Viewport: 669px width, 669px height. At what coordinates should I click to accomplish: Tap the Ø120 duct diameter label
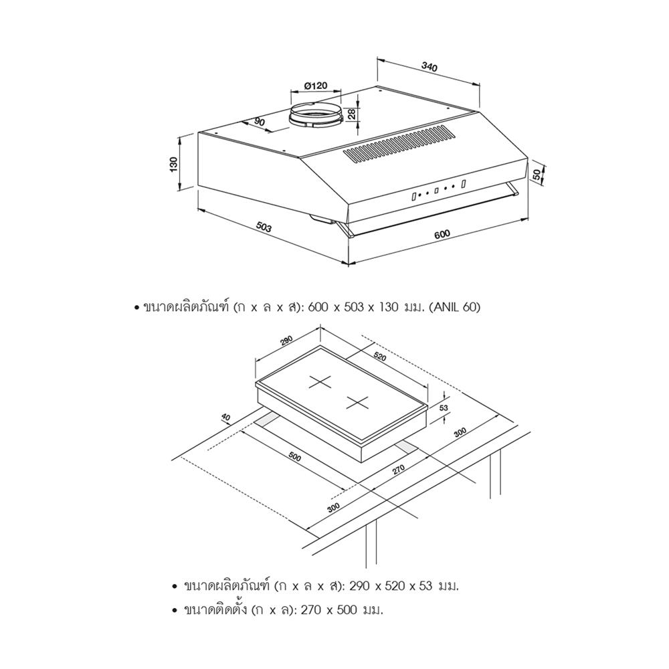316,86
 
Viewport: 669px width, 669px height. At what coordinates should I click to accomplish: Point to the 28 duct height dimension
352,114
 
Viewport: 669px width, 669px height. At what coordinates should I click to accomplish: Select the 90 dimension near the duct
260,122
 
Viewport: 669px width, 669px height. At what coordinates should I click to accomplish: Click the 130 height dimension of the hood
173,165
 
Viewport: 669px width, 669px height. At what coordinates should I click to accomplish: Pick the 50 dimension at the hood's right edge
537,174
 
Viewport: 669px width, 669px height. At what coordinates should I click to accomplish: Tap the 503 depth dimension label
263,227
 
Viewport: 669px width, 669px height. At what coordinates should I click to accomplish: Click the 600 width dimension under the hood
442,234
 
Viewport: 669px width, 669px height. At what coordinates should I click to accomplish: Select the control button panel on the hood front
438,190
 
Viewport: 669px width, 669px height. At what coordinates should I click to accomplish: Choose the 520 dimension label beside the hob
380,356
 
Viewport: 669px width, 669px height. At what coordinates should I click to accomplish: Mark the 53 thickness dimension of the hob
444,407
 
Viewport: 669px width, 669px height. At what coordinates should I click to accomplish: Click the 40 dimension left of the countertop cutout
225,417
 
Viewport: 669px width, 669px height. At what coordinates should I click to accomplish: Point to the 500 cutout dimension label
294,456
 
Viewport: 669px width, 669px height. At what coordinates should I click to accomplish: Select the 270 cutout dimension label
398,470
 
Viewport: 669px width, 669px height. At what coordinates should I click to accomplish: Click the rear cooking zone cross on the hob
320,382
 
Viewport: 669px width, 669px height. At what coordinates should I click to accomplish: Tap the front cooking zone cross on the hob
357,402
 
